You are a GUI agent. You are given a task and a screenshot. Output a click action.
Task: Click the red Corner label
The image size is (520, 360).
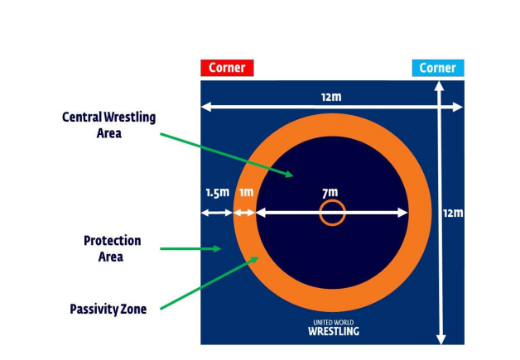(226, 68)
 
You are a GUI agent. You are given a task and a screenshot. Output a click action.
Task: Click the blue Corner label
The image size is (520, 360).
(437, 68)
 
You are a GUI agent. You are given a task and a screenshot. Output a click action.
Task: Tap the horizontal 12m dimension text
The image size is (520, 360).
(331, 97)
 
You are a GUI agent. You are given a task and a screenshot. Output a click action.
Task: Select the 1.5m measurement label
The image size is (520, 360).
(217, 193)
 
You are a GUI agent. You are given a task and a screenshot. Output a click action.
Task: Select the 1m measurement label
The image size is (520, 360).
(246, 193)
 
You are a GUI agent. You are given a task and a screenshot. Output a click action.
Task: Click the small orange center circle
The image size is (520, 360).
(332, 213)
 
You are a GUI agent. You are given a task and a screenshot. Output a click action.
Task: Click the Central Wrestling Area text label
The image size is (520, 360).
(108, 124)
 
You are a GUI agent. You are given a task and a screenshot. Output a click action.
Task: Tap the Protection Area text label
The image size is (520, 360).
(112, 248)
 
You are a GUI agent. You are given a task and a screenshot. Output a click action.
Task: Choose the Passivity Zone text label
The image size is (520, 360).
(108, 310)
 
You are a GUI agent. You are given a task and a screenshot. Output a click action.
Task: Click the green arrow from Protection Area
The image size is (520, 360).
(190, 248)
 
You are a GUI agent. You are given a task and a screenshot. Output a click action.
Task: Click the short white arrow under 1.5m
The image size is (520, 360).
(217, 213)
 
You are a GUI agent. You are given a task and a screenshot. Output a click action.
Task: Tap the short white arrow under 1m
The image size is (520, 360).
(245, 213)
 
